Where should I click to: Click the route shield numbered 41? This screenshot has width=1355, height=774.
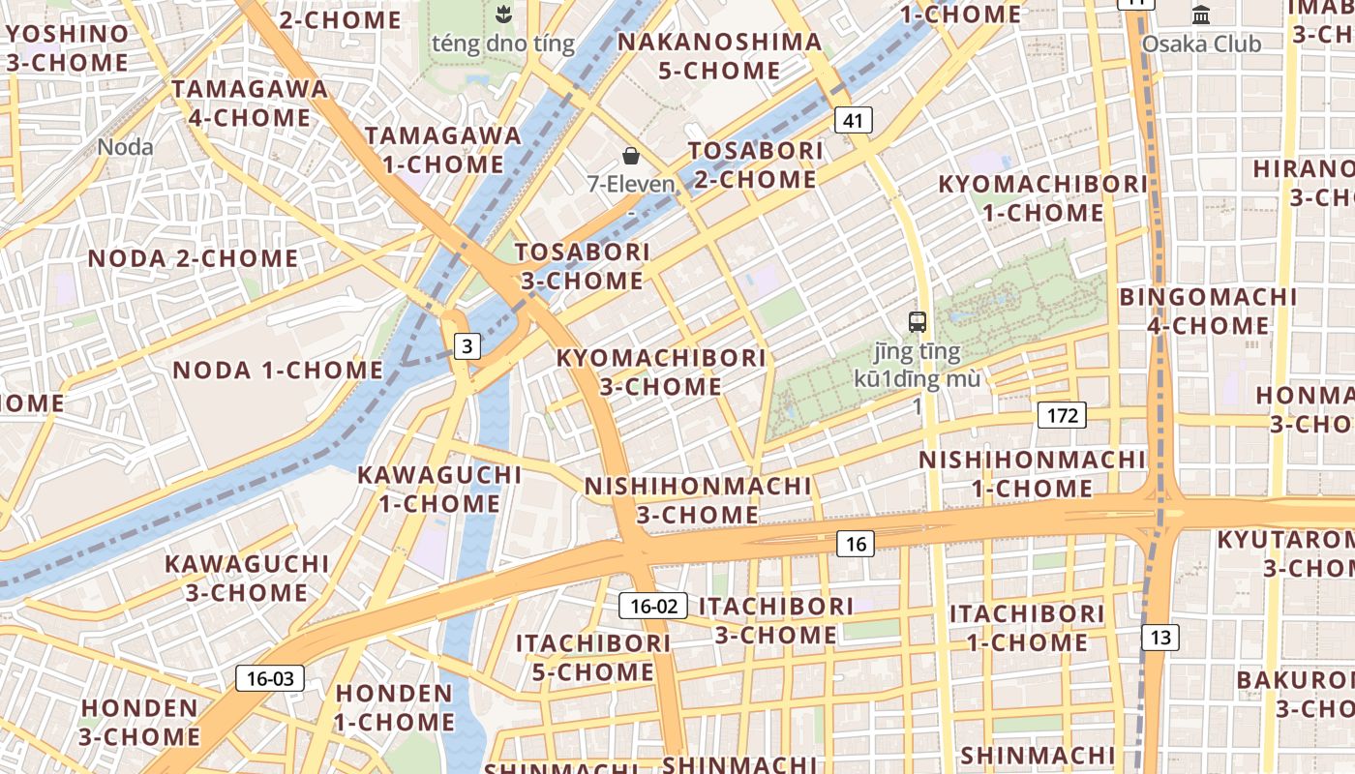[852, 120]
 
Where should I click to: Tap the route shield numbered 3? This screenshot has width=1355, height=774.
[467, 345]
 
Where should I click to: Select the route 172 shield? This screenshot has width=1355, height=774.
[1062, 416]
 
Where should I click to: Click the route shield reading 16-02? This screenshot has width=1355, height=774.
[653, 607]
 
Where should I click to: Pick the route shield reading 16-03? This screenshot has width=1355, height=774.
[270, 678]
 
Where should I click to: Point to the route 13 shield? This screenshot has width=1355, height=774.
[1160, 637]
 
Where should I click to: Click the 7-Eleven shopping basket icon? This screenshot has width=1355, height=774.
[631, 156]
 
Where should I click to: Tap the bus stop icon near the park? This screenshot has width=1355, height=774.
[917, 322]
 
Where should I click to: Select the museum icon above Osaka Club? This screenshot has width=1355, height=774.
[1201, 15]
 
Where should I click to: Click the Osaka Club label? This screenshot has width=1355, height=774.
[1201, 45]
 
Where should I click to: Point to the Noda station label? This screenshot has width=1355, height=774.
[126, 147]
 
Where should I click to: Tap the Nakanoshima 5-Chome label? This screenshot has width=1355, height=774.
[719, 56]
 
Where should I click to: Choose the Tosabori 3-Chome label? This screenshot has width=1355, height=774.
[582, 266]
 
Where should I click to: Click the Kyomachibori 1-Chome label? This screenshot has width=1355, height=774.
[1042, 197]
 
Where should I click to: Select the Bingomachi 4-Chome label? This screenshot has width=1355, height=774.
[1208, 311]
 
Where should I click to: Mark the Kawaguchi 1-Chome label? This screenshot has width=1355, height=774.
[439, 489]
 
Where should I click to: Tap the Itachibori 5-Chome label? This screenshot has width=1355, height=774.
[592, 657]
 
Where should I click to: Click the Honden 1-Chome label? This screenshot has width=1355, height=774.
[394, 707]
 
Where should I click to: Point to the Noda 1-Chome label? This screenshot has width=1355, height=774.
[278, 370]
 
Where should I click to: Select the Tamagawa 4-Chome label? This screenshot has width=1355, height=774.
[250, 104]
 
